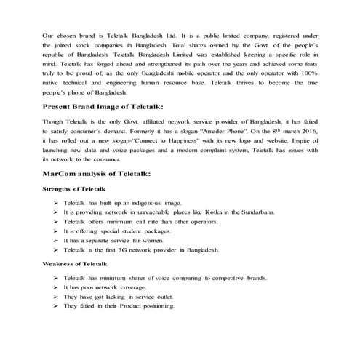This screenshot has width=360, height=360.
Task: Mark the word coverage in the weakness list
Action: [x=136, y=287]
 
